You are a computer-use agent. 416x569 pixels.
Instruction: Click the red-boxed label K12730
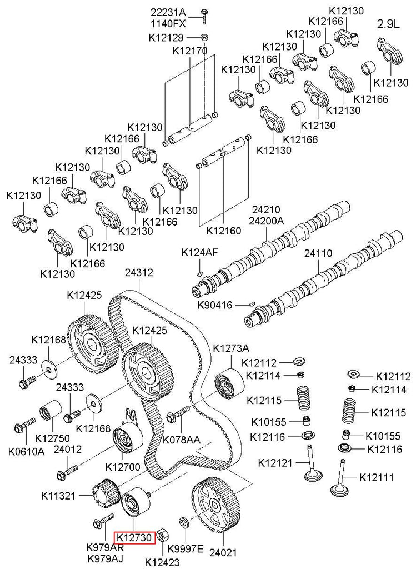point(134,537)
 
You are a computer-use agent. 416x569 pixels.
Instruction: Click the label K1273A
point(232,347)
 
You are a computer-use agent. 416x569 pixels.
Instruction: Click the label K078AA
point(181,440)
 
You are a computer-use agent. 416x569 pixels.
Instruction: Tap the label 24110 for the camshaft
point(318,253)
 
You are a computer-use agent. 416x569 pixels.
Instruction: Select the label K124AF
point(199,253)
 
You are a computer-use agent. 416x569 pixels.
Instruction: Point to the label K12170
point(190,51)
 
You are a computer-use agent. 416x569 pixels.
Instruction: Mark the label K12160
point(224,230)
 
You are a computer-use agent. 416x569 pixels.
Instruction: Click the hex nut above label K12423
point(163,535)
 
